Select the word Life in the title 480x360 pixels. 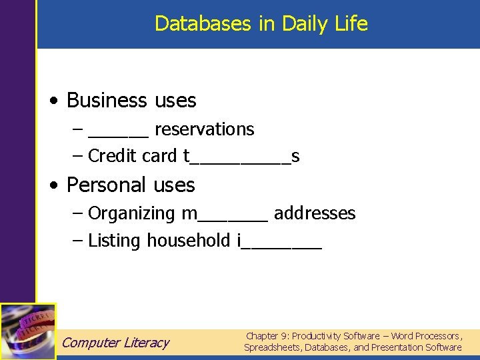(x=351, y=24)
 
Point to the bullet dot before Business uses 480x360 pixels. (x=53, y=101)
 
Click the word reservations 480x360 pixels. (x=204, y=129)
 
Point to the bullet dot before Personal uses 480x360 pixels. (x=53, y=185)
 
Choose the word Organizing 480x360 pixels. (x=131, y=213)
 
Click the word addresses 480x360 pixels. (x=315, y=213)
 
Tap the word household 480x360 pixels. (x=189, y=241)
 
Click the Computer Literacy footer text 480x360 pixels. (x=115, y=343)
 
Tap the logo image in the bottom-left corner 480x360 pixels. (x=28, y=331)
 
